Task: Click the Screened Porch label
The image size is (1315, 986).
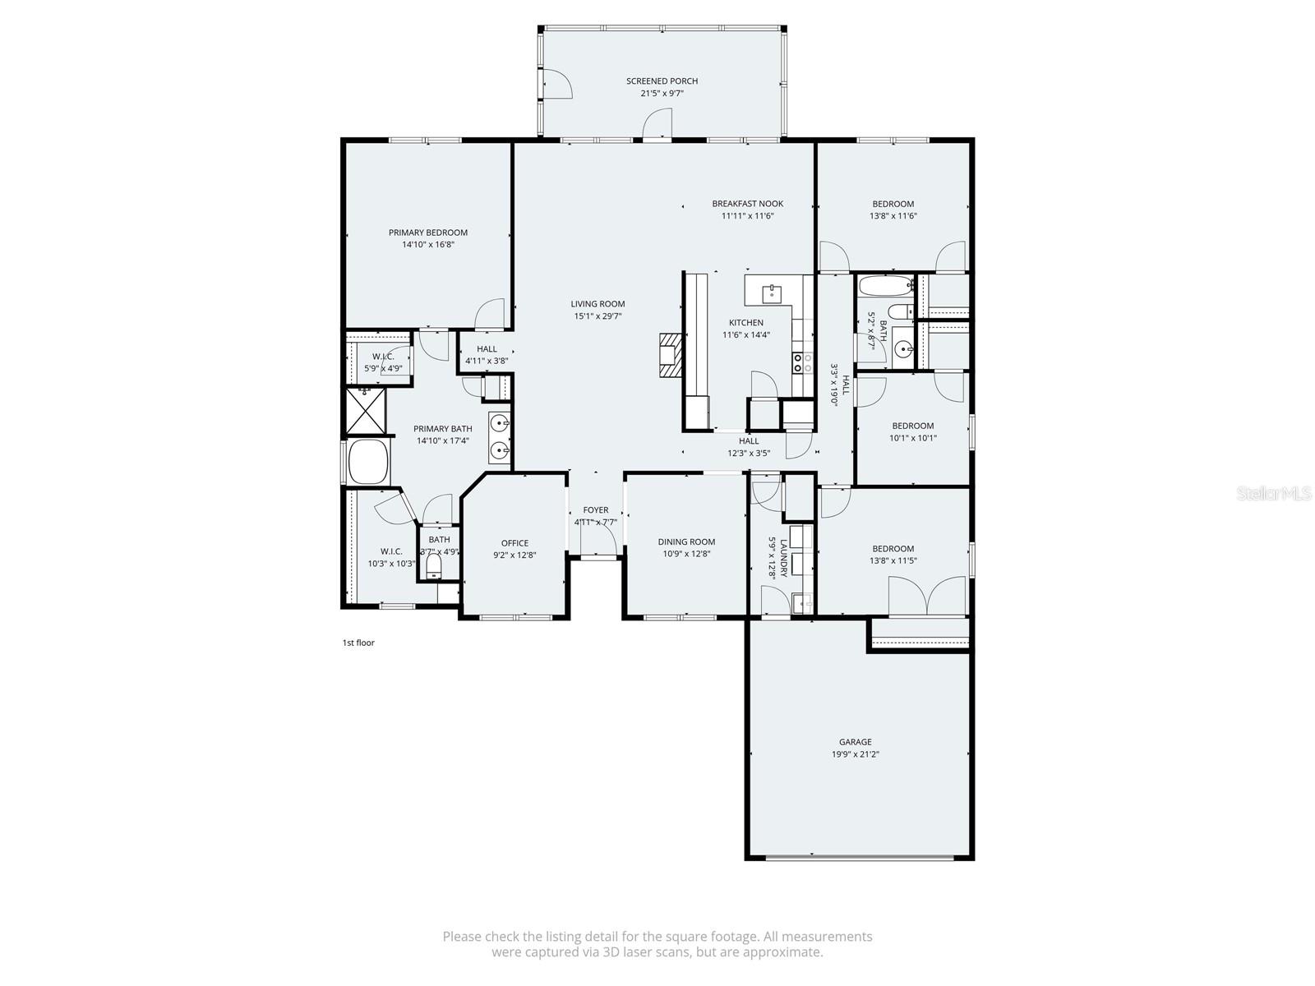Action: pyautogui.click(x=662, y=81)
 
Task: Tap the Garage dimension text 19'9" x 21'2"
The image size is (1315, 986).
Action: pyautogui.click(x=855, y=754)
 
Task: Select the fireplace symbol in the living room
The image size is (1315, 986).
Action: pyautogui.click(x=671, y=355)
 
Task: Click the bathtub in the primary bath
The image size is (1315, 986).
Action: pyautogui.click(x=367, y=462)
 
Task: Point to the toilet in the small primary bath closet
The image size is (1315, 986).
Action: pyautogui.click(x=434, y=566)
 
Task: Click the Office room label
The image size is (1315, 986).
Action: pyautogui.click(x=514, y=543)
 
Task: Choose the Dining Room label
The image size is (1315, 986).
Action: pyautogui.click(x=686, y=541)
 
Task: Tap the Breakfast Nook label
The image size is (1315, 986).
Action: pyautogui.click(x=747, y=204)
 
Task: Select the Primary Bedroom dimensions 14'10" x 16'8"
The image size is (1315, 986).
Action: pyautogui.click(x=428, y=245)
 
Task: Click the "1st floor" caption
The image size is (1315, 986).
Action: pyautogui.click(x=358, y=643)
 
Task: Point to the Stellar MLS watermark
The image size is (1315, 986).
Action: pyautogui.click(x=1275, y=493)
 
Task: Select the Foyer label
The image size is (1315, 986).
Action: pyautogui.click(x=596, y=510)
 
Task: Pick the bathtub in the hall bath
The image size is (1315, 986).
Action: pyautogui.click(x=884, y=287)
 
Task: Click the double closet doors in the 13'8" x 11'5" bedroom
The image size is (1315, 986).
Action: pyautogui.click(x=927, y=596)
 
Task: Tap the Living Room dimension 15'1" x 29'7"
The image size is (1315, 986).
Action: pyautogui.click(x=598, y=316)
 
